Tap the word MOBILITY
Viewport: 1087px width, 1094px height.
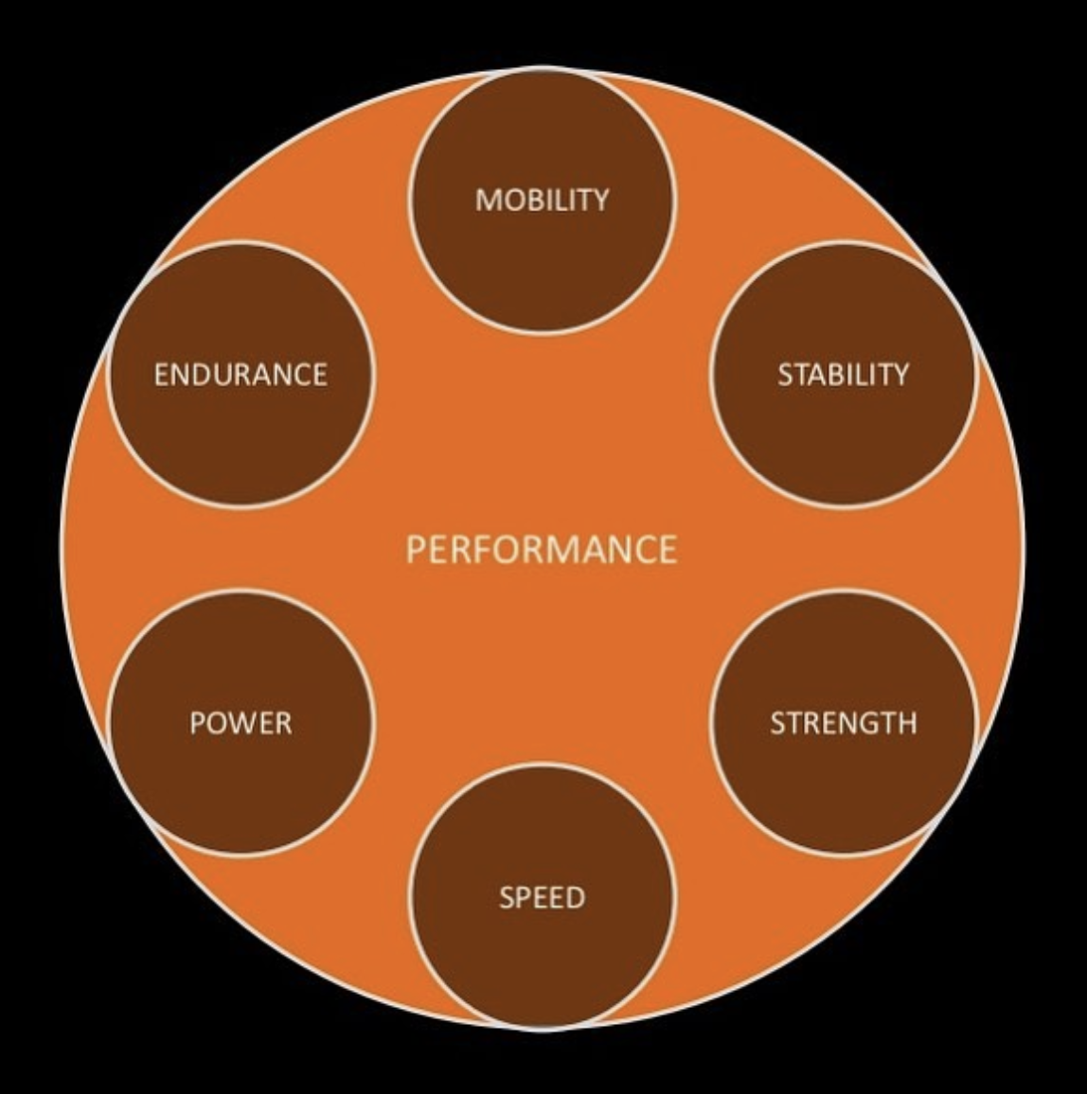pos(542,200)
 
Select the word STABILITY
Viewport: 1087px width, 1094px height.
pos(843,375)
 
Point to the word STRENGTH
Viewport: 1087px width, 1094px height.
pos(843,724)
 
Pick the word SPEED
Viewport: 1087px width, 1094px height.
pos(542,897)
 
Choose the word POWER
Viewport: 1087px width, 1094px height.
pos(241,724)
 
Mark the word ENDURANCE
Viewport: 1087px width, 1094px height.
pos(241,375)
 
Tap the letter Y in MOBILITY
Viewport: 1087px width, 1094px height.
pos(599,200)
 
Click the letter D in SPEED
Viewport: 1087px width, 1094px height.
pos(575,897)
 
